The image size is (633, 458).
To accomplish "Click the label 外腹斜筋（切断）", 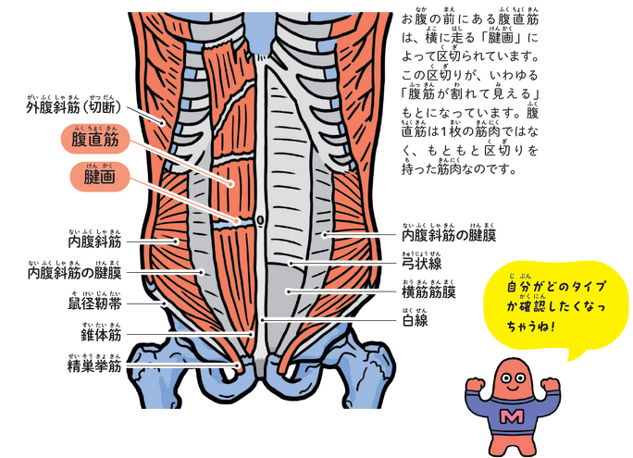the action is click(73, 107).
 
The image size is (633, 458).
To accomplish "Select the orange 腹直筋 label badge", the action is click(95, 139).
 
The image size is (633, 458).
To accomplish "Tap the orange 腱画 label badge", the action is click(100, 177).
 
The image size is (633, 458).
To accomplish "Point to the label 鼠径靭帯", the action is click(94, 303).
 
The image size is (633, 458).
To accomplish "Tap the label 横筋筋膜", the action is click(428, 291).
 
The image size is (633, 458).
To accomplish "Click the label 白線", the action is click(415, 320).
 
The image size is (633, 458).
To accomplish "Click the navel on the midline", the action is click(260, 220).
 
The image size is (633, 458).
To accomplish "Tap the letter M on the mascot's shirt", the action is click(512, 416).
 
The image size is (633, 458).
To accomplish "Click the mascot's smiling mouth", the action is click(512, 388).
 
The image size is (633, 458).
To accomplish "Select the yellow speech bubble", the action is click(556, 306).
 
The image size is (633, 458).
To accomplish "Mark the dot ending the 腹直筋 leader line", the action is click(230, 184).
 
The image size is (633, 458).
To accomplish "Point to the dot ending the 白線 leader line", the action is click(262, 320).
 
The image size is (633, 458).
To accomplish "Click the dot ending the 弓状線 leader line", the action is click(291, 264).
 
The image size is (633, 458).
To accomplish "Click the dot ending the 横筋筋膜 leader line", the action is click(288, 291).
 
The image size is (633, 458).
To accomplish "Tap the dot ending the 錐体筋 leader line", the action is click(251, 334).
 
